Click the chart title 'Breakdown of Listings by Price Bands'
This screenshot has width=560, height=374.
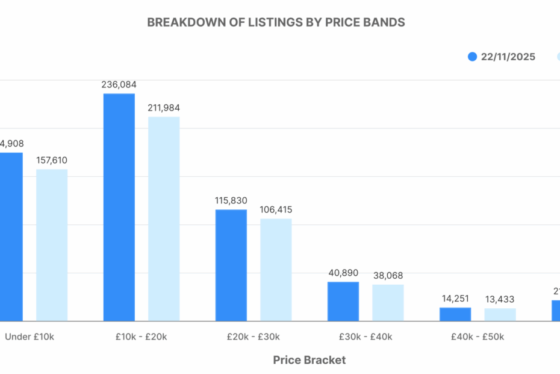[276, 22]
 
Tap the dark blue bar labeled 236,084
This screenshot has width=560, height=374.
[119, 207]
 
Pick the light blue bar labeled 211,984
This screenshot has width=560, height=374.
[164, 218]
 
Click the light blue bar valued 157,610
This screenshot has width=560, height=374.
[52, 245]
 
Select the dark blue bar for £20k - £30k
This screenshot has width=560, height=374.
[231, 265]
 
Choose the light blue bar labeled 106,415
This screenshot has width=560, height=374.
[276, 270]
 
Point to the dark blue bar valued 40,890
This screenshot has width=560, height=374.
[343, 301]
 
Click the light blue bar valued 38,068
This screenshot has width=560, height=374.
[388, 302]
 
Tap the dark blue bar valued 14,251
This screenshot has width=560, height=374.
[455, 314]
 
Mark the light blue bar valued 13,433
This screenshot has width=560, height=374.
[500, 315]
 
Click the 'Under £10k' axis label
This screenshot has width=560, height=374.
[30, 337]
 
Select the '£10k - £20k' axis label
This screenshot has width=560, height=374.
[142, 337]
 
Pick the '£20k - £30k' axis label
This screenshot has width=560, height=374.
[254, 337]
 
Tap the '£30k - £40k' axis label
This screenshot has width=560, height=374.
[366, 337]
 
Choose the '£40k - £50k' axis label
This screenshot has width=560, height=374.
[478, 337]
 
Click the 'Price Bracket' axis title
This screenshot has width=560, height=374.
[310, 360]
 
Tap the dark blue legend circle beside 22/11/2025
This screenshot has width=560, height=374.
[473, 57]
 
